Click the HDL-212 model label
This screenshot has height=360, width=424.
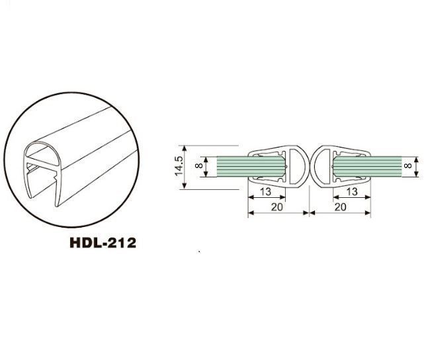point(103,243)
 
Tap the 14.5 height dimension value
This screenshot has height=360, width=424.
point(179,166)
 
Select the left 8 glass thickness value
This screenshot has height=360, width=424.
point(199,165)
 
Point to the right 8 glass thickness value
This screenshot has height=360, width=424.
point(407,165)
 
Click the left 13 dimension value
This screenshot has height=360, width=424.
point(265,192)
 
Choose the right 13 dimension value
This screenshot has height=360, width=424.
point(352,192)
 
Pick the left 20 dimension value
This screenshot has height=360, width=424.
point(277,207)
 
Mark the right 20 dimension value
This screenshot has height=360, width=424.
point(341,207)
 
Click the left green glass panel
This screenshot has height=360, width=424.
point(251,167)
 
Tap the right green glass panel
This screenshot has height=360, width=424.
point(368,167)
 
